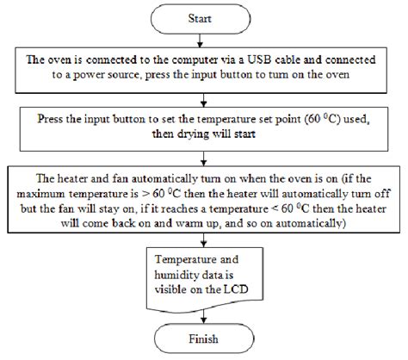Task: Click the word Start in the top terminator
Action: pyautogui.click(x=200, y=18)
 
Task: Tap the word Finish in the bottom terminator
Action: pyautogui.click(x=203, y=339)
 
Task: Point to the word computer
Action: pyautogui.click(x=195, y=60)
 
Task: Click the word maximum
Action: pyautogui.click(x=40, y=194)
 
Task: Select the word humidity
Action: pyautogui.click(x=173, y=275)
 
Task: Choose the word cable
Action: pyautogui.click(x=287, y=59)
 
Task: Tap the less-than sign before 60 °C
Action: pyautogui.click(x=275, y=209)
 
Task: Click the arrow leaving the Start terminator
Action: pyautogui.click(x=200, y=40)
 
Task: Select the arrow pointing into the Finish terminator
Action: pyautogui.click(x=204, y=317)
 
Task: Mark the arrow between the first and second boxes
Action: pyautogui.click(x=203, y=100)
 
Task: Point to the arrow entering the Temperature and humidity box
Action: pyautogui.click(x=203, y=240)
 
